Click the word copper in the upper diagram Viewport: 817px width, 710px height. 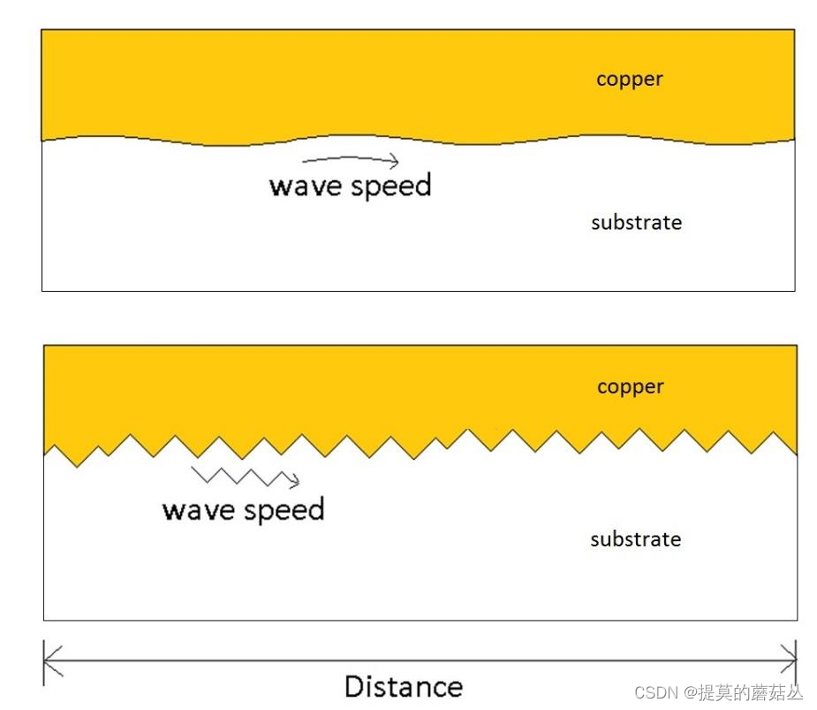click(x=629, y=80)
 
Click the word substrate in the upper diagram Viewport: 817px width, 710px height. click(x=636, y=222)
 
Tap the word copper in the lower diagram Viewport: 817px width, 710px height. click(x=630, y=387)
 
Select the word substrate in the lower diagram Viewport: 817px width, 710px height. click(x=635, y=539)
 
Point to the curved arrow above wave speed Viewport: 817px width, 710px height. click(x=350, y=159)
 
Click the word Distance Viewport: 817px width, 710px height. click(x=403, y=686)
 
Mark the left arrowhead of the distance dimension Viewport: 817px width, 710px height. click(x=51, y=660)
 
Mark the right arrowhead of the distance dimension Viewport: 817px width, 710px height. click(x=789, y=660)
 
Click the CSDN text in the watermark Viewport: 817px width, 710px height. click(x=654, y=692)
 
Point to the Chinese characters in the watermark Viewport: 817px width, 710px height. click(x=751, y=692)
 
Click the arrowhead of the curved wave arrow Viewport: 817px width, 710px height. click(x=394, y=161)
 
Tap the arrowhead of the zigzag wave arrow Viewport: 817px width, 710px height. click(x=294, y=481)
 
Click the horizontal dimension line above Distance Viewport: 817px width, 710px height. click(x=420, y=660)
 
